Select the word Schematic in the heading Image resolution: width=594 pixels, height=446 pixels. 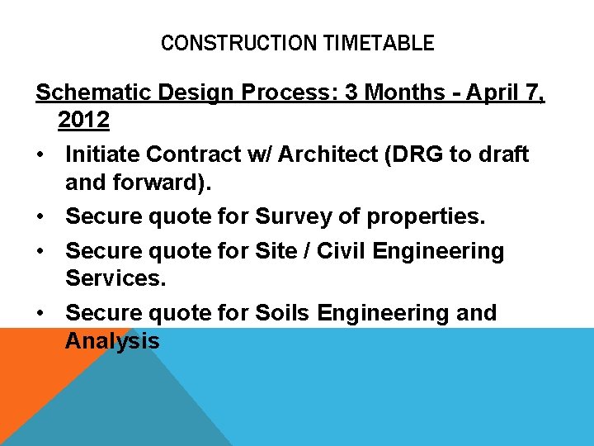coord(91,93)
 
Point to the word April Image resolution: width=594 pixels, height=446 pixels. coord(495,93)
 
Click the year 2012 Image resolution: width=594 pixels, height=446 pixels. coord(83,121)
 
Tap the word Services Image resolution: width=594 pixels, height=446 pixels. coord(115,278)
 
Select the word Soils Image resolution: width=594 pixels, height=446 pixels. coord(283,313)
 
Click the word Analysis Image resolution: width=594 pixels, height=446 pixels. coord(112,340)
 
